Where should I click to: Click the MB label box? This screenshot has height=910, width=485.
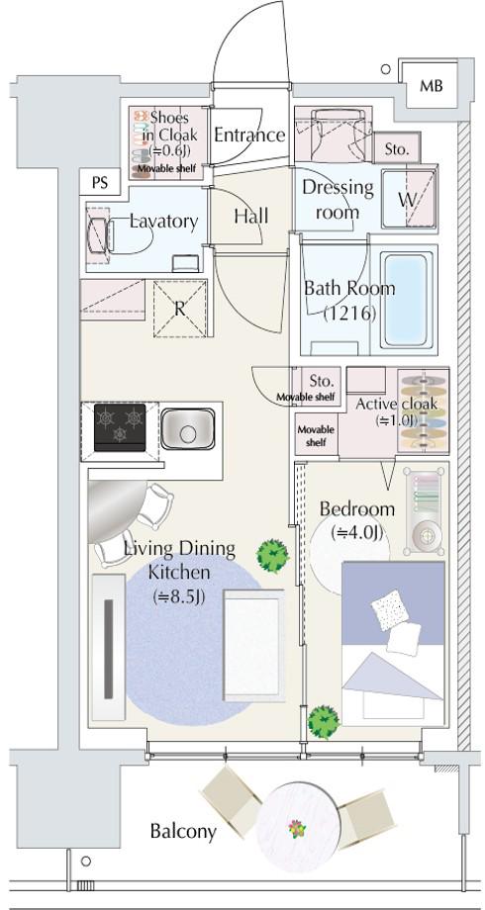[x=432, y=86]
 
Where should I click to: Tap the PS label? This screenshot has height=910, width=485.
[x=100, y=183]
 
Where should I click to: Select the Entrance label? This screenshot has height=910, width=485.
[x=249, y=135]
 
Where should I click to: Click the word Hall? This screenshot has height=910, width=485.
[x=251, y=217]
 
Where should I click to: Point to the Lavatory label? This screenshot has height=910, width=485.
[x=163, y=222]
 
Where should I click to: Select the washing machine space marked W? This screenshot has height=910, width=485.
[x=409, y=200]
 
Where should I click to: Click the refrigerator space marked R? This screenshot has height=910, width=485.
[x=181, y=309]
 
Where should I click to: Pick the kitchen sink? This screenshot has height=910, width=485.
[x=188, y=429]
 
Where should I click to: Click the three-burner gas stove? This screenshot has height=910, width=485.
[x=120, y=427]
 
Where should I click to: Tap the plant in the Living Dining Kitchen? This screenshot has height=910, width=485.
[x=273, y=555]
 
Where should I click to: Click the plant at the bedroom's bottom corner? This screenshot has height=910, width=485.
[x=323, y=721]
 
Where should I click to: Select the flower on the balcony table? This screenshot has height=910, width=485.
[x=297, y=828]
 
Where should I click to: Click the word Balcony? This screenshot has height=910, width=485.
[x=183, y=831]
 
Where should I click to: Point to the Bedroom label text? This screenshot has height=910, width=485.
[x=357, y=509]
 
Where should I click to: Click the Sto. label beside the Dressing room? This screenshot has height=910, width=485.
[x=401, y=149]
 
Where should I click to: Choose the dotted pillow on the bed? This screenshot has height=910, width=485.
[x=390, y=609]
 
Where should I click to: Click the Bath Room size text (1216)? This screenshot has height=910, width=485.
[x=350, y=314]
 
